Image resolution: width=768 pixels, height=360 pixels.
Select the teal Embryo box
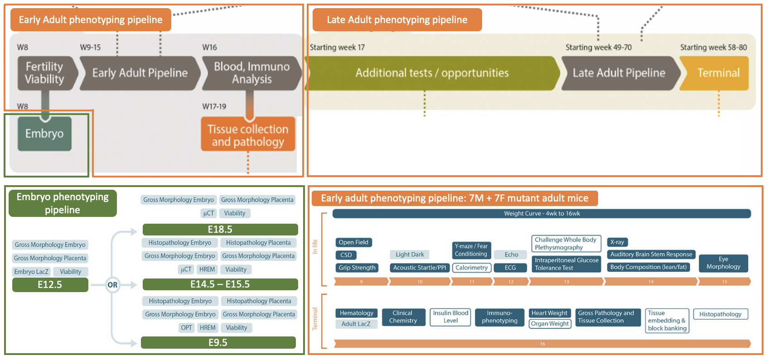coord(44,134)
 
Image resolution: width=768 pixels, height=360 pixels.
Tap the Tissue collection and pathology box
coord(248,135)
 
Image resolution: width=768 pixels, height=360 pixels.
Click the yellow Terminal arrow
coord(717,73)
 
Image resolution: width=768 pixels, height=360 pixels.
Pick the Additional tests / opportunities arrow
coord(432,73)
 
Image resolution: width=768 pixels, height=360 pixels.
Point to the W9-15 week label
coord(90,47)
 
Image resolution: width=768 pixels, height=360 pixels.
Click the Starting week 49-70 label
coord(598,47)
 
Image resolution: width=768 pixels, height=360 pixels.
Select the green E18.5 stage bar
coord(220,229)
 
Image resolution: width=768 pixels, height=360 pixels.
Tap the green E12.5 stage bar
coord(50,284)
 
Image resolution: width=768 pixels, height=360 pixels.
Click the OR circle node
coord(112,285)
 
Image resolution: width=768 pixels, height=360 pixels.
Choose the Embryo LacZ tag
coord(31,272)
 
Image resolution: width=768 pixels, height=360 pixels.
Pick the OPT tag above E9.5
coord(186,327)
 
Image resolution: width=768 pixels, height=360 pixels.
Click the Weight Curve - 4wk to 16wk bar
coord(541,213)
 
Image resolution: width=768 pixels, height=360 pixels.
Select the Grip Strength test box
coord(357,268)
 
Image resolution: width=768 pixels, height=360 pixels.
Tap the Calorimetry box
coord(471,268)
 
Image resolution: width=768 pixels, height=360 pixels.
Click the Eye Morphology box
coord(723,263)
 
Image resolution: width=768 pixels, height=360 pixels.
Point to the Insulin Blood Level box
coord(450,317)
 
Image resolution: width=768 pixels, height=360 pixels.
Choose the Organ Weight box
coord(550,324)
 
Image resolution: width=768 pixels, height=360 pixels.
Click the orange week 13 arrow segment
coord(566,282)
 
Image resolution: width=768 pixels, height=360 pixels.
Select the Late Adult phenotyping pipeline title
coord(397,19)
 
